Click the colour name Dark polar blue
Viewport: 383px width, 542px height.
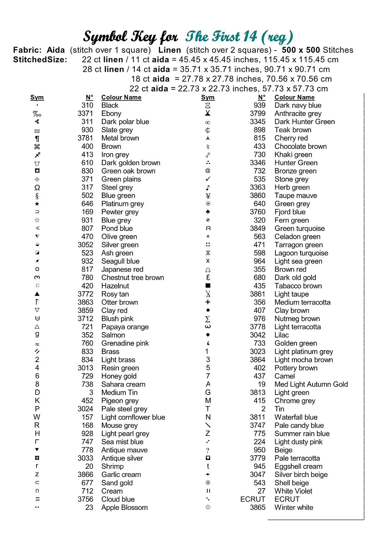(x=125, y=122)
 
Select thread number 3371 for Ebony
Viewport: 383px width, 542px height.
(x=85, y=113)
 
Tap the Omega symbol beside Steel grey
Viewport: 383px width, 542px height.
(x=37, y=188)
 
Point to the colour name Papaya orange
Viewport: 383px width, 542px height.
(x=125, y=327)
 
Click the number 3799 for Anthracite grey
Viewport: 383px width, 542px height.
(x=258, y=113)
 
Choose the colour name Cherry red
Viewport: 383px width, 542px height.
(x=291, y=138)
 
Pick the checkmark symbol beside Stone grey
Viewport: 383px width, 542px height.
(x=208, y=179)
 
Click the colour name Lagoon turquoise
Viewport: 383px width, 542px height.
(x=301, y=253)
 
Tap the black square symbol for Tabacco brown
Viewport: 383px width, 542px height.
(x=208, y=286)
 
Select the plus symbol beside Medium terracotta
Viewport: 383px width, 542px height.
(x=208, y=302)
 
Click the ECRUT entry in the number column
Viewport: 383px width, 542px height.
(x=253, y=499)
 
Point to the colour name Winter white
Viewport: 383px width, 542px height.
(x=294, y=507)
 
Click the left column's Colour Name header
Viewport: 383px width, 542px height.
(x=121, y=97)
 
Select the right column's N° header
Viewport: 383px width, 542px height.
(x=262, y=97)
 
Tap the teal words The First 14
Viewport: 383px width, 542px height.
(x=221, y=36)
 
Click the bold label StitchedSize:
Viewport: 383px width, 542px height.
(x=40, y=60)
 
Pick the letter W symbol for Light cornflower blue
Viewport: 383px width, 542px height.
(x=37, y=417)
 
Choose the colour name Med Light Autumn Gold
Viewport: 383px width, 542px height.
(x=311, y=384)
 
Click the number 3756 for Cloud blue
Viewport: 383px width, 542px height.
(x=85, y=499)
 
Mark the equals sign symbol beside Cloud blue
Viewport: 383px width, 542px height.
(x=38, y=499)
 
